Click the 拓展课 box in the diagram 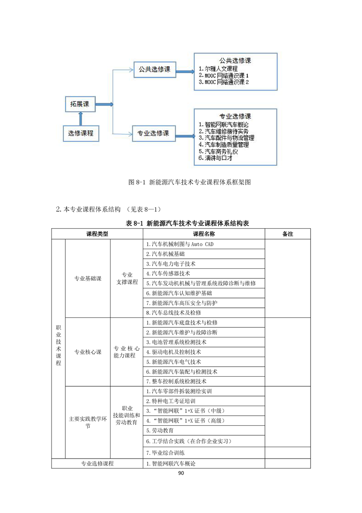[79, 104]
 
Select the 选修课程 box [81, 133]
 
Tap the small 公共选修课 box [154, 69]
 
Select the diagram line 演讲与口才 [216, 158]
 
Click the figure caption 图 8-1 [190, 182]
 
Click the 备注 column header [288, 234]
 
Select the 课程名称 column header [204, 234]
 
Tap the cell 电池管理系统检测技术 [176, 342]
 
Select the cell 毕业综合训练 [165, 453]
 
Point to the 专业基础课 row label [88, 278]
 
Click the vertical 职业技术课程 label [58, 346]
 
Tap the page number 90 [181, 473]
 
